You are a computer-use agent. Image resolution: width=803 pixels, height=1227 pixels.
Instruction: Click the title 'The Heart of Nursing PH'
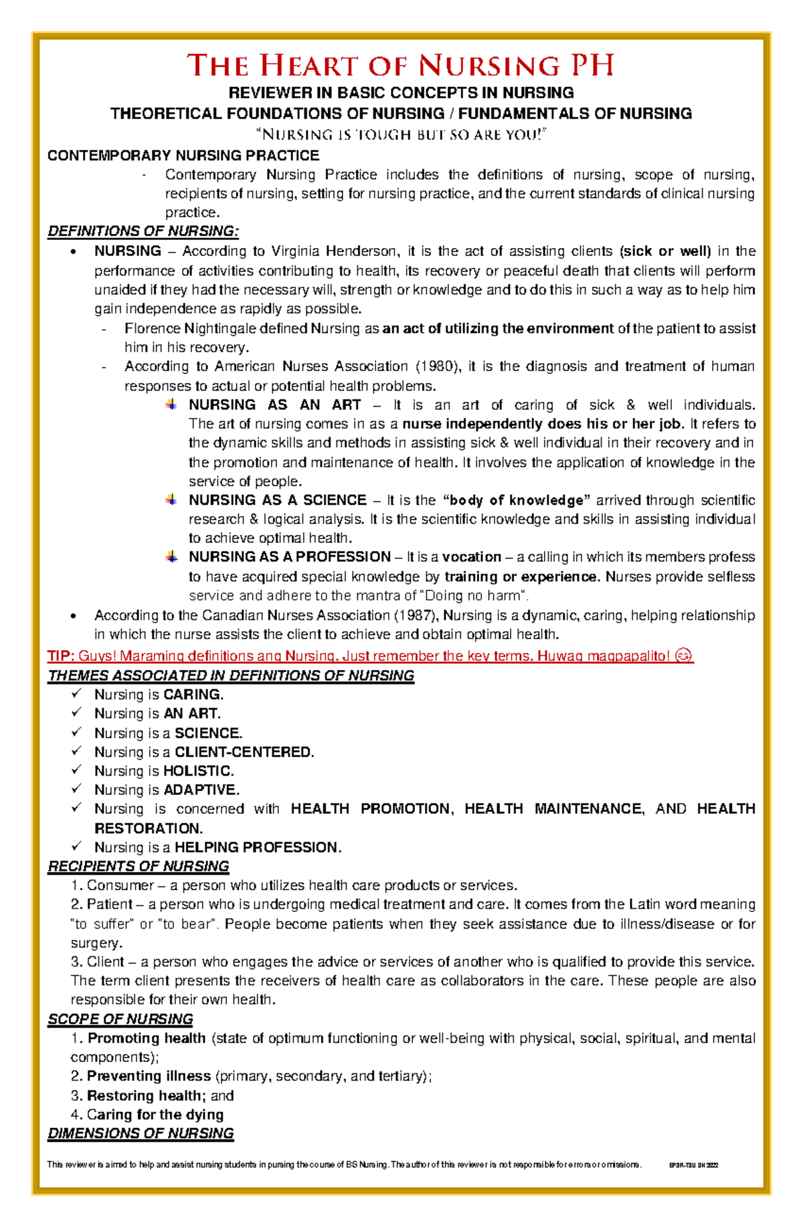[x=400, y=66]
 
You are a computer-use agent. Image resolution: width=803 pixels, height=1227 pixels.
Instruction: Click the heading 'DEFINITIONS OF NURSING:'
[x=143, y=231]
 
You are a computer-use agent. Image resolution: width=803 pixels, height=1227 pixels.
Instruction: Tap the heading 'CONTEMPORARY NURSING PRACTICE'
[x=183, y=156]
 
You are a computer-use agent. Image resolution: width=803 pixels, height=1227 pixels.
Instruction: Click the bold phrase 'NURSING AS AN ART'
[x=274, y=405]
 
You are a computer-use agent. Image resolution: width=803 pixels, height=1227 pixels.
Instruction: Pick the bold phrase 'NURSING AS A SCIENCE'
[x=277, y=500]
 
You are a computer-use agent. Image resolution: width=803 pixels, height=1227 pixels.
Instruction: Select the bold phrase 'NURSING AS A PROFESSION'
[x=289, y=557]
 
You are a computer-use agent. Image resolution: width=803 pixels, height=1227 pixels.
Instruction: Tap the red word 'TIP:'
[x=60, y=656]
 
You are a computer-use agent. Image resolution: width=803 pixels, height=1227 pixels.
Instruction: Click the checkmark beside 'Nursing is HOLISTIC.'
[x=77, y=770]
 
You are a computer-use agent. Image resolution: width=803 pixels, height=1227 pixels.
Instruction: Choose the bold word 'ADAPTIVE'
[x=200, y=790]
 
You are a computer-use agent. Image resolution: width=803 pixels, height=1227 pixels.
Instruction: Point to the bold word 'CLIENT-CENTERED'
[x=243, y=752]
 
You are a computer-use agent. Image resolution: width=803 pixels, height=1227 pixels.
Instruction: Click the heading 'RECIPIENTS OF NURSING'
[x=138, y=867]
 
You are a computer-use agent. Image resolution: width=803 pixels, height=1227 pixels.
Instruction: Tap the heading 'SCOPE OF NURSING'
[x=120, y=1019]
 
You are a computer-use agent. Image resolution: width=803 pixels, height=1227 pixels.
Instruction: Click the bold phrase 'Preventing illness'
[x=149, y=1077]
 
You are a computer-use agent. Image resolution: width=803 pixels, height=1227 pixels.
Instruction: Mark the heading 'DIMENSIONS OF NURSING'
[x=141, y=1133]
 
